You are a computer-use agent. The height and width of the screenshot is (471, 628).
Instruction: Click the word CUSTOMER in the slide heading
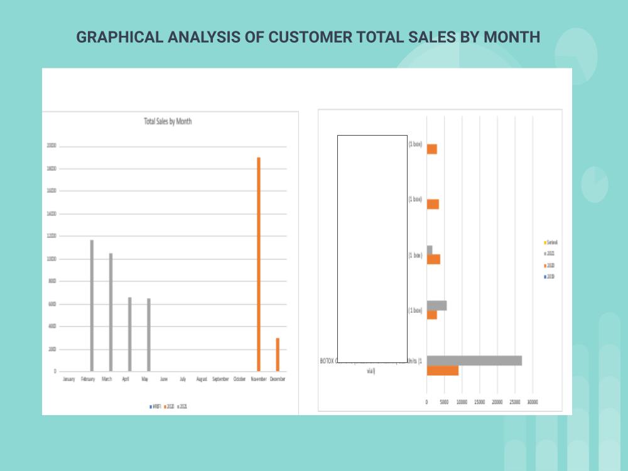pos(310,37)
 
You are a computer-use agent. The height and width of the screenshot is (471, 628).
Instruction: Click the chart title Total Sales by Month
pos(168,121)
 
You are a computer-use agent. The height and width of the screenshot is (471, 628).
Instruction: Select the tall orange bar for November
pos(259,264)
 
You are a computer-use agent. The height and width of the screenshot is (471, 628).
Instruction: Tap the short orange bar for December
pos(278,355)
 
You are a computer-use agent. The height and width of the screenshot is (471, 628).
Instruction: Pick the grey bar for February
pos(92,305)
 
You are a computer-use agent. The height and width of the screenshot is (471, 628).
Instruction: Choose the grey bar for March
pos(111,312)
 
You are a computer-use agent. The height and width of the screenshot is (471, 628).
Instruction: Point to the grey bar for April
pos(129,334)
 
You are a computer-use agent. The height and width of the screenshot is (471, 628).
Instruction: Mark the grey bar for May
pos(148,335)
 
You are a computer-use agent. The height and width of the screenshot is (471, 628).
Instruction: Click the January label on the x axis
pos(69,379)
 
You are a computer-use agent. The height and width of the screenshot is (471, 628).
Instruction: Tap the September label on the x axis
pos(220,379)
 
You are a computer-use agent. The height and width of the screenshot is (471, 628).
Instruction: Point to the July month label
pos(183,379)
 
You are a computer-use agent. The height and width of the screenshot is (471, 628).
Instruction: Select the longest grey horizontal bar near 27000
pos(474,360)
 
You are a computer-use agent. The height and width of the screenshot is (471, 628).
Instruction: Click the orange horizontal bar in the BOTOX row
pos(442,371)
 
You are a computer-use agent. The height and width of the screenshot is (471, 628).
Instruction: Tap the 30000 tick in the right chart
pos(533,402)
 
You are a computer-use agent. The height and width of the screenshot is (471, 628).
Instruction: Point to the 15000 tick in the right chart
pos(479,402)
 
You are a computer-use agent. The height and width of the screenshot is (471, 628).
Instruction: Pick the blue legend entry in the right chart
pos(549,276)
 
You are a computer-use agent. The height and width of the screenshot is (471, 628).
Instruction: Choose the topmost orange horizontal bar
pos(431,149)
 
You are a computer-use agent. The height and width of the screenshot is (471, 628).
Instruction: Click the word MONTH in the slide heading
pos(511,37)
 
